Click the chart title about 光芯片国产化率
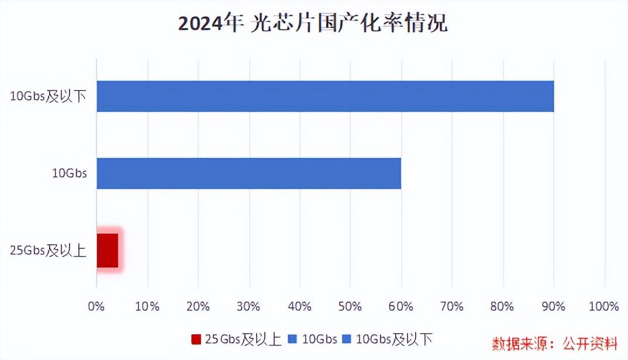[313, 25]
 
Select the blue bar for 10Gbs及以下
[325, 96]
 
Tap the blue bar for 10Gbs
[249, 173]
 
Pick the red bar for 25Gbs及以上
[108, 250]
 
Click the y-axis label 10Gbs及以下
[49, 96]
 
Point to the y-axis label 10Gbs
[69, 174]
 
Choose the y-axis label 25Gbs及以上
[49, 251]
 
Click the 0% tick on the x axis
[96, 306]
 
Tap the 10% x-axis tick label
[147, 306]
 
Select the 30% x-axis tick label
[249, 306]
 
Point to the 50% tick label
[350, 306]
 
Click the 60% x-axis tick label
[401, 306]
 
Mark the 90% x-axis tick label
[554, 306]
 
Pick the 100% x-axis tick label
[603, 306]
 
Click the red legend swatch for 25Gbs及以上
[196, 340]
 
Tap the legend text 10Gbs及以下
[394, 340]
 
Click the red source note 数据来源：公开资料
[554, 342]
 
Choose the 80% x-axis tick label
[503, 306]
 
